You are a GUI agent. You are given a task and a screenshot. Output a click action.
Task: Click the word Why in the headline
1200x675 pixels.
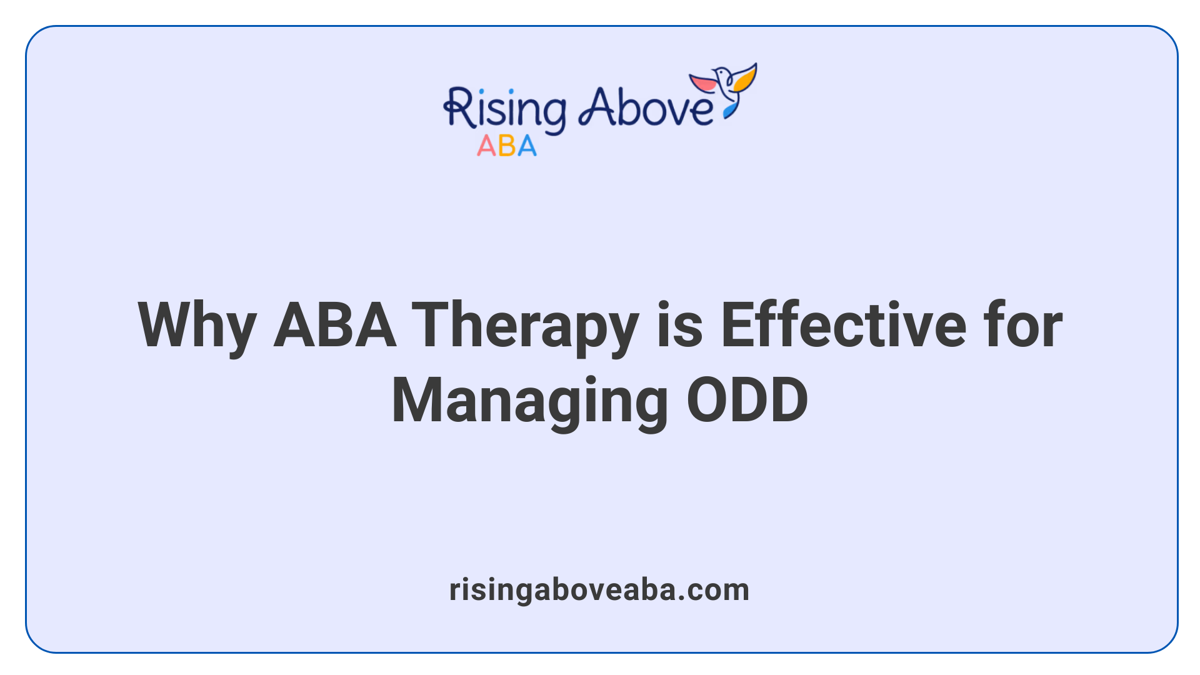point(197,326)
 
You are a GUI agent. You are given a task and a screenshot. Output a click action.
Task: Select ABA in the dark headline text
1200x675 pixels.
point(335,326)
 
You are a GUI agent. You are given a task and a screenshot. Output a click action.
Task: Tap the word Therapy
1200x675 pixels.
point(525,326)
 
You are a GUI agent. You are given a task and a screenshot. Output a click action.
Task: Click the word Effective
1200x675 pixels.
point(844,326)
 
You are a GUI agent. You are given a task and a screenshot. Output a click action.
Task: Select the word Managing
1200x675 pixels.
point(530,401)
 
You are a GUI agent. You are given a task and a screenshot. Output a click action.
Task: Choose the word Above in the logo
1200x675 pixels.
point(645,107)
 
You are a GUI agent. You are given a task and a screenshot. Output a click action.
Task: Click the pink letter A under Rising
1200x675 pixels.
point(486,146)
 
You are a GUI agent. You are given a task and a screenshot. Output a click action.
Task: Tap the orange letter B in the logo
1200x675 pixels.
point(507,146)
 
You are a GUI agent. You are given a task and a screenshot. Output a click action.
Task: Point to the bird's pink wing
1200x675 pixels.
point(703,82)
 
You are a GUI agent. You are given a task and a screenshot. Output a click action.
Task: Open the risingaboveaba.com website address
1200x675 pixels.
point(599,590)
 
